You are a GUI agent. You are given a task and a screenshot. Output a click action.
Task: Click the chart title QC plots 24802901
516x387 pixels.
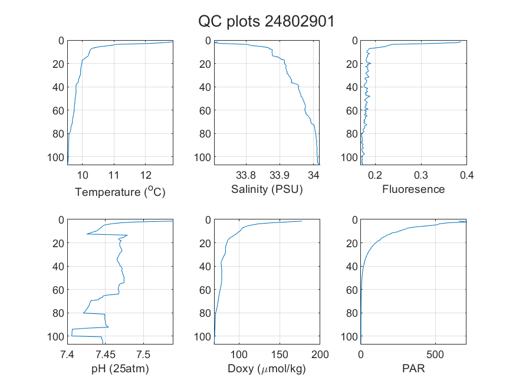(266, 22)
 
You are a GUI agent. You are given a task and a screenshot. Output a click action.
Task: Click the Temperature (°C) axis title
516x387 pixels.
(120, 192)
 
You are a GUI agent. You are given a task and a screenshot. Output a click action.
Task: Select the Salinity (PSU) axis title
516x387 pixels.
(267, 189)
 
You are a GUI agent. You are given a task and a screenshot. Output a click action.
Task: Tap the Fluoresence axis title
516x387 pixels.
(413, 189)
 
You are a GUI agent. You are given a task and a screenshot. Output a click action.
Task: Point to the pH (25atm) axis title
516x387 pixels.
(120, 368)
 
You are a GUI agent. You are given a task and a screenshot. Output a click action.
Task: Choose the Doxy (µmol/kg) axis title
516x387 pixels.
(267, 369)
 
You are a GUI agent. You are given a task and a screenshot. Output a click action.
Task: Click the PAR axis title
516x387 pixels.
(413, 368)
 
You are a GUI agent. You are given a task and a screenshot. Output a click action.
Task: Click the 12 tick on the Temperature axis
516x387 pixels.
(146, 175)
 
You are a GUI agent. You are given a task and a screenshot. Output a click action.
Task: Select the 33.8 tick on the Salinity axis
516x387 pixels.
(246, 175)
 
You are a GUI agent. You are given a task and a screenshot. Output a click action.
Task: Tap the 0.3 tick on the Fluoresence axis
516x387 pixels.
(421, 175)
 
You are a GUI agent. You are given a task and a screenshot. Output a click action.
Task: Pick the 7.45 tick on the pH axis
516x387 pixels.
(106, 355)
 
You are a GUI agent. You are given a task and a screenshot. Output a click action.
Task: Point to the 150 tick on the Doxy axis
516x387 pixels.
(280, 355)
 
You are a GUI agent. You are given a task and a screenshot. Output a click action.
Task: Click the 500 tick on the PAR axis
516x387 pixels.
(435, 355)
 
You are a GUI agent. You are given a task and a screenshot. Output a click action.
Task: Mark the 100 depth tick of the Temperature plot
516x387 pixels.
(55, 158)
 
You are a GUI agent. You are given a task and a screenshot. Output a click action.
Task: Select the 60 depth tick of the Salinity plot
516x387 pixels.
(205, 110)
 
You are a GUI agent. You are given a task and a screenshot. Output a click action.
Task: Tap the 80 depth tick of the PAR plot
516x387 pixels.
(352, 313)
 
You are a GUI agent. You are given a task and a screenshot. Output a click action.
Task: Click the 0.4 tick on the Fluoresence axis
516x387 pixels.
(466, 175)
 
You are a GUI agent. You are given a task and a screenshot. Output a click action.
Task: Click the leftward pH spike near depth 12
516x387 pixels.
(87, 234)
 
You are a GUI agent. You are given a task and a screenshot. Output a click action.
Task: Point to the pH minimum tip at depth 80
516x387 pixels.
(84, 313)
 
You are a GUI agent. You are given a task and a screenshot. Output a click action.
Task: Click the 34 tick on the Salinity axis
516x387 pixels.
(313, 175)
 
